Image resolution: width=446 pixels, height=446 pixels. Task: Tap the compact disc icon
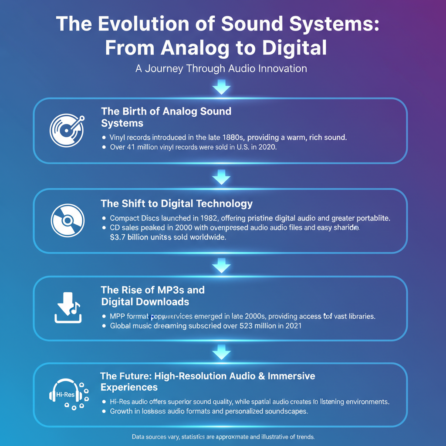pos(67,220)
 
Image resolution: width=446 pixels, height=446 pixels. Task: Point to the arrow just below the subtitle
pos(221,88)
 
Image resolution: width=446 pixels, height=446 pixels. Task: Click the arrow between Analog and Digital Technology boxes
pos(221,177)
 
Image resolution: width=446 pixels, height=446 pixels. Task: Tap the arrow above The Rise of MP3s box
pos(221,265)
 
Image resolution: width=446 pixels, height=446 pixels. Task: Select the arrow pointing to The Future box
pos(221,352)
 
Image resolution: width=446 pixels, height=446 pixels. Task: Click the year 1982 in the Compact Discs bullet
pos(200,218)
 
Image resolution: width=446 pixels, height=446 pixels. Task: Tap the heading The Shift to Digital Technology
pos(176,203)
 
